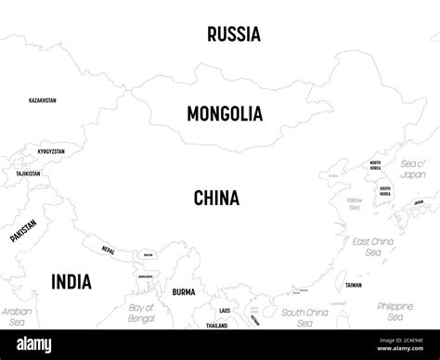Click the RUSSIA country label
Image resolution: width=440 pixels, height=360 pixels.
tap(234, 34)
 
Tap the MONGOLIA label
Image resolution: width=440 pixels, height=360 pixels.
tap(225, 114)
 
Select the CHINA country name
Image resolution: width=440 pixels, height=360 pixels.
tap(216, 198)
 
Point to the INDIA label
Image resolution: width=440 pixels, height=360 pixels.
tap(71, 281)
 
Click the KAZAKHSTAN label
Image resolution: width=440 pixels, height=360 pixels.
tap(42, 99)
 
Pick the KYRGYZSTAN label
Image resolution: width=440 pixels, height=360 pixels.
tap(45, 151)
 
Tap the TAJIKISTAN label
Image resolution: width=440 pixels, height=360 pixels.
tap(28, 174)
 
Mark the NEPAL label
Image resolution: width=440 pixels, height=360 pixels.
tap(109, 250)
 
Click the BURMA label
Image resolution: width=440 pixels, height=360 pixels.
tap(184, 291)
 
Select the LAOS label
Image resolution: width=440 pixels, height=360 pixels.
tap(225, 310)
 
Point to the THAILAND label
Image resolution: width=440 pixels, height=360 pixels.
tap(217, 326)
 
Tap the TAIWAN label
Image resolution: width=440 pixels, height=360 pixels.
tap(354, 286)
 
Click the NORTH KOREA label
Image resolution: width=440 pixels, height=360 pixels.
tap(375, 166)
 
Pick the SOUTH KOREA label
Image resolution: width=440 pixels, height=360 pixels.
tap(384, 191)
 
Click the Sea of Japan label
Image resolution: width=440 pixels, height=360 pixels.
tap(412, 168)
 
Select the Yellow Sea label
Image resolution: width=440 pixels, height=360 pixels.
tap(354, 203)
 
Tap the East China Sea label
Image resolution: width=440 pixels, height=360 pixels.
tap(373, 246)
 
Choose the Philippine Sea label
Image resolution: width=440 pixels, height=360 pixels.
tap(395, 311)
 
